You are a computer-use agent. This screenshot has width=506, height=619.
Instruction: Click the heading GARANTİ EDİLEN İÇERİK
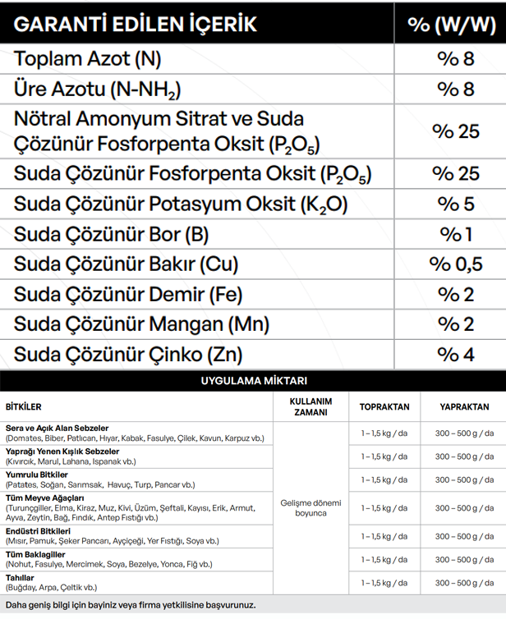tap(136, 24)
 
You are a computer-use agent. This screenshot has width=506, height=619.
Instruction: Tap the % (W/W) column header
tap(450, 24)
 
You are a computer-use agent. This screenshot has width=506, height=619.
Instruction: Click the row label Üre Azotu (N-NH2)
tap(97, 89)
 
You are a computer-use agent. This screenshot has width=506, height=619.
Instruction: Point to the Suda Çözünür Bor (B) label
tap(112, 234)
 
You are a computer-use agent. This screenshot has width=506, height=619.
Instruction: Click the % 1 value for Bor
tap(456, 234)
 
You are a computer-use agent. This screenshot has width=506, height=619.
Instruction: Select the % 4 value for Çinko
tap(456, 355)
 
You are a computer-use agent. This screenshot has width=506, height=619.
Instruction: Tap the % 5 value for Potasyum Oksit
tap(456, 204)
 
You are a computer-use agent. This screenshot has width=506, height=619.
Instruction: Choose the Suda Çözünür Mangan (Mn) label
tap(142, 325)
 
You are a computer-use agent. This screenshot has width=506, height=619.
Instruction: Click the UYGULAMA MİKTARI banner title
tap(253, 381)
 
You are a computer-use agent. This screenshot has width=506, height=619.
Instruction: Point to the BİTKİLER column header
tap(24, 407)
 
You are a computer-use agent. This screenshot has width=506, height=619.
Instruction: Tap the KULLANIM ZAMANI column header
tap(310, 407)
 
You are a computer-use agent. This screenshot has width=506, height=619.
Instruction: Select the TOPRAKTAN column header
tap(384, 407)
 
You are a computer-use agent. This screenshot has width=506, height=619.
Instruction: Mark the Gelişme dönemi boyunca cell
tap(310, 507)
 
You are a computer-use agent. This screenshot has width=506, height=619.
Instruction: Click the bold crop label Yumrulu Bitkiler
tap(37, 475)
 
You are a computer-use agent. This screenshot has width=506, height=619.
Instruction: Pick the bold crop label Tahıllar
tap(21, 578)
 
